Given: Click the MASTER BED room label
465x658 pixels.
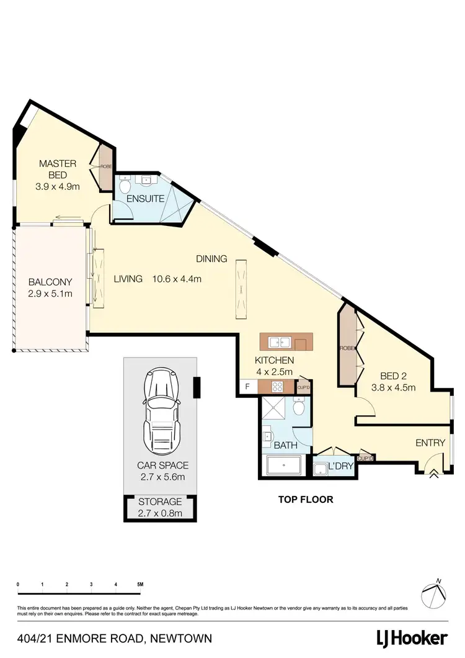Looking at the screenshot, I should click(58, 169).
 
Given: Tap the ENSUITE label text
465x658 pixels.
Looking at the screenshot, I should click(145, 199).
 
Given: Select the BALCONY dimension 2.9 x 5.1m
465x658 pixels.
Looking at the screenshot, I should click(50, 292).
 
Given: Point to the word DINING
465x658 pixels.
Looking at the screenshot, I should click(212, 259).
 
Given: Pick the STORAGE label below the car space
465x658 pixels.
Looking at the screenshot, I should click(161, 502).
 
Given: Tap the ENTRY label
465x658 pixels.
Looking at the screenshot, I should click(430, 443).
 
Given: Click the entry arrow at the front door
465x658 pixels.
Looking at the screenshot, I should click(433, 474).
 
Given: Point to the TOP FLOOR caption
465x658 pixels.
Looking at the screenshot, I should click(305, 498).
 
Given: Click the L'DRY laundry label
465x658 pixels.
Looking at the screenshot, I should click(340, 466).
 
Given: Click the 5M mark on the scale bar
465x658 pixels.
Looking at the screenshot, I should click(140, 584).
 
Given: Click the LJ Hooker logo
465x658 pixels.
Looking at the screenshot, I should click(412, 638).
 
